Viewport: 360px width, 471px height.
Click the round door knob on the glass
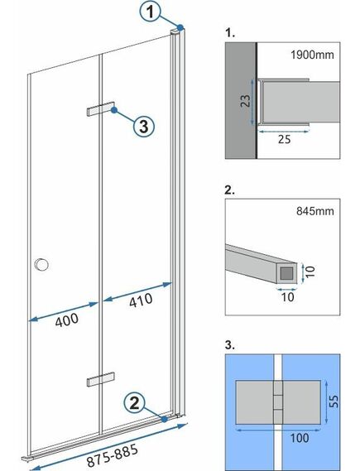pos(41,265)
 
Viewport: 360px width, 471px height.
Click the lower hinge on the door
pos(98,380)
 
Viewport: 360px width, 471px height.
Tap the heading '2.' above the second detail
pos(230,190)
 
